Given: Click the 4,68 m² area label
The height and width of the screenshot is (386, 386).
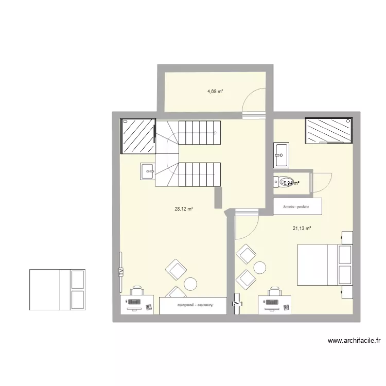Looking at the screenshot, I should pyautogui.click(x=215, y=92).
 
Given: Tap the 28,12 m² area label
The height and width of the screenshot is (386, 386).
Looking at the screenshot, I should pyautogui.click(x=184, y=209).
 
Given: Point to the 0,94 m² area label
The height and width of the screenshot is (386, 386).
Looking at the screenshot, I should pyautogui.click(x=291, y=182).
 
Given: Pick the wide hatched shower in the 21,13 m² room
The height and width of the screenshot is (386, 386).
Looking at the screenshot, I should pyautogui.click(x=329, y=129).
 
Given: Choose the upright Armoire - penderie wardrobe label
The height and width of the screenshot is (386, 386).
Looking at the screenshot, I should pyautogui.click(x=297, y=206).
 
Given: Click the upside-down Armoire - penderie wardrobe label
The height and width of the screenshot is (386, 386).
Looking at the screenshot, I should pyautogui.click(x=192, y=305).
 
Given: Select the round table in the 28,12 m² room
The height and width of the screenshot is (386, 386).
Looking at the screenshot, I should pyautogui.click(x=191, y=284).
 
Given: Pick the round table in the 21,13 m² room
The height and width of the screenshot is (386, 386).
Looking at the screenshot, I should pyautogui.click(x=259, y=268).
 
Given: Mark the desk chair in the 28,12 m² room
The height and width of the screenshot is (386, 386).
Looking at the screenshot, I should pyautogui.click(x=136, y=292).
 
